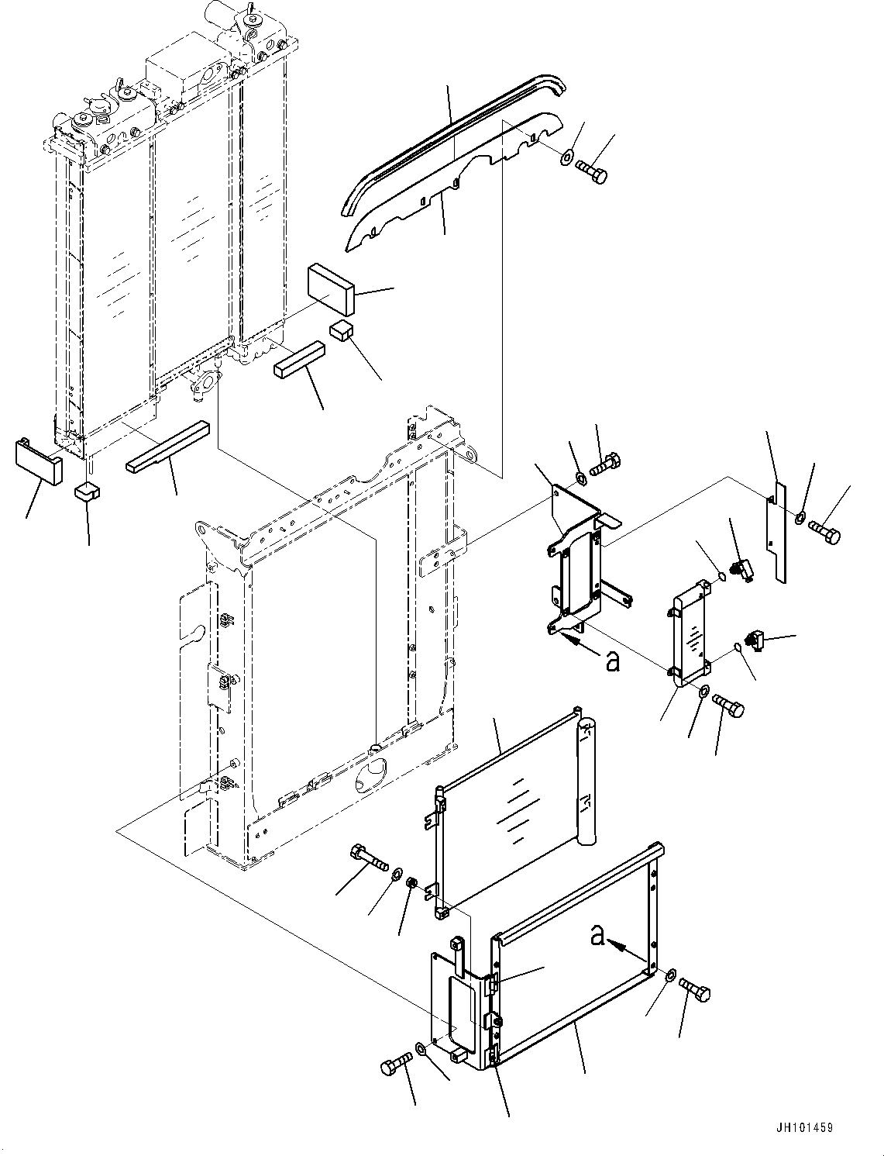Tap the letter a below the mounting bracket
(x=613, y=663)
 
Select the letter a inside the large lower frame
(x=597, y=936)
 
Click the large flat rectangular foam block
(x=331, y=288)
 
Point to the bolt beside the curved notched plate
(x=592, y=171)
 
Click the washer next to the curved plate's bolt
(x=566, y=157)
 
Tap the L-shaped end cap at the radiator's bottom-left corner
(x=38, y=462)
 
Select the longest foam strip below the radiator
(x=167, y=446)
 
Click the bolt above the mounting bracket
(x=606, y=464)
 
